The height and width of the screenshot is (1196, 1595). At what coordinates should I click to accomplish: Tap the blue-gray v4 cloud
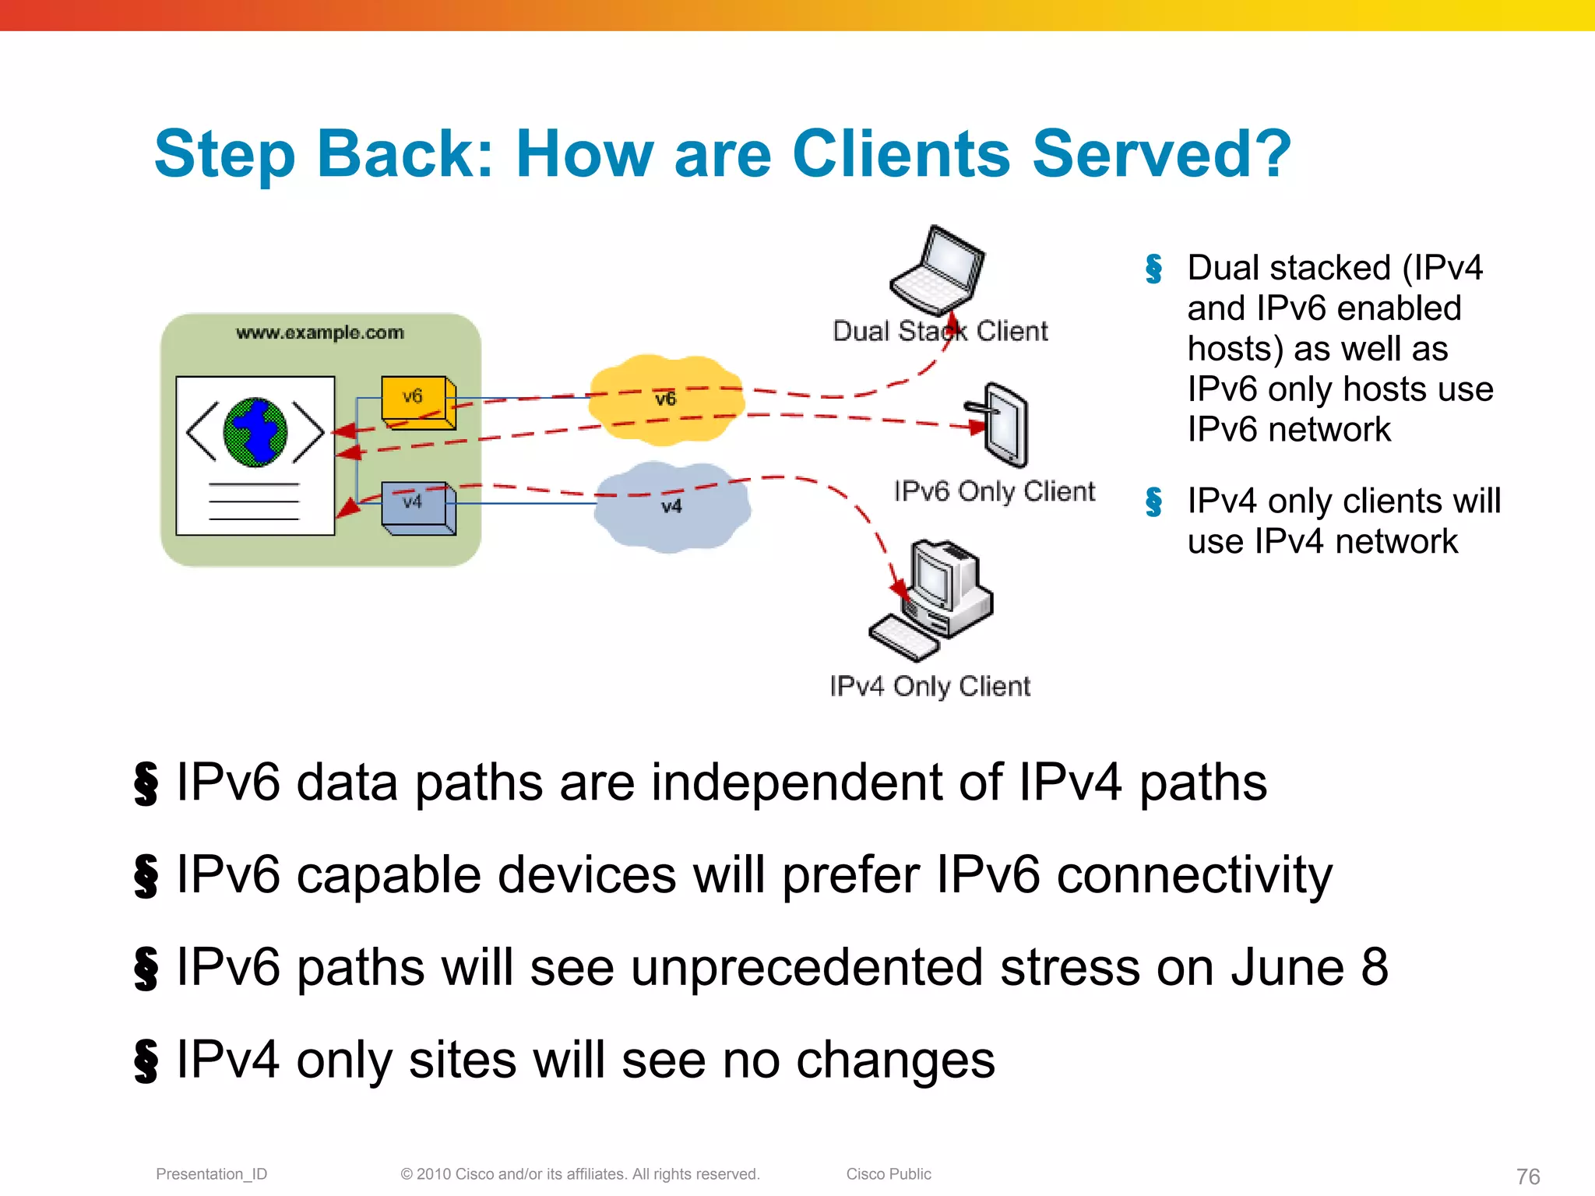671,507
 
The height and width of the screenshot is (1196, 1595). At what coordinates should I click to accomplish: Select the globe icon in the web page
255,432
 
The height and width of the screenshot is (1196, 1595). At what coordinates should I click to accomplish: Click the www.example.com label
320,332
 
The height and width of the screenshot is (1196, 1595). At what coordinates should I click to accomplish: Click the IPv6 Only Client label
994,491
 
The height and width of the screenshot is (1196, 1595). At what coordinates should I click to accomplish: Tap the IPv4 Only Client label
930,686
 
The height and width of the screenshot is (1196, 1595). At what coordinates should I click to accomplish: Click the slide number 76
1528,1176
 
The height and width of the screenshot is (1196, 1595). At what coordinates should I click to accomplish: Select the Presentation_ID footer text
211,1173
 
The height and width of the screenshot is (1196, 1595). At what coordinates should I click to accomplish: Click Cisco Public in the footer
889,1173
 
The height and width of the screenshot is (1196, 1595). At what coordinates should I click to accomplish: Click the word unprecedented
806,968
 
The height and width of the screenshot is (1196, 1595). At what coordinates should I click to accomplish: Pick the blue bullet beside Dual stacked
1153,269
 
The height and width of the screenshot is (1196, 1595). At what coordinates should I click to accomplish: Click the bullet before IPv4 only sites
146,1061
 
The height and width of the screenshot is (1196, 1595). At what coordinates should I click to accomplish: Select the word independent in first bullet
796,783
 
